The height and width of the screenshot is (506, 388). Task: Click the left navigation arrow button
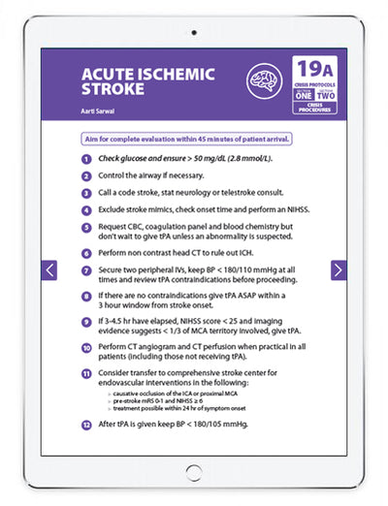[x=50, y=270]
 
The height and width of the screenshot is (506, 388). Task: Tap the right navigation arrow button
[x=339, y=270]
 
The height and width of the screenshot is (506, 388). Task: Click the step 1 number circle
[x=87, y=158]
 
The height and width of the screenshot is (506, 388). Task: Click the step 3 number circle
[x=87, y=193]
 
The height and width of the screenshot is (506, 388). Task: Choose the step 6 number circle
[x=87, y=250]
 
